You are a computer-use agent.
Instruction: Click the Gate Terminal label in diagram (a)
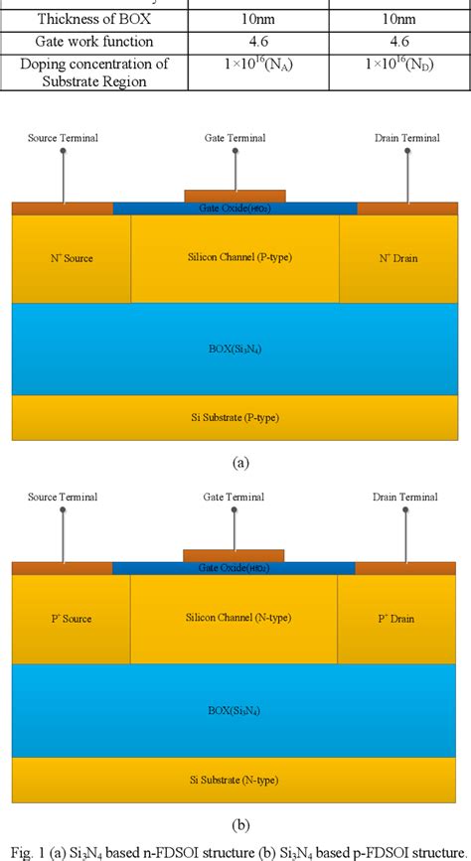click(x=235, y=137)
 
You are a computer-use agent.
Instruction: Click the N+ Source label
click(x=71, y=258)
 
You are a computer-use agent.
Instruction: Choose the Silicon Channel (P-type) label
click(x=235, y=257)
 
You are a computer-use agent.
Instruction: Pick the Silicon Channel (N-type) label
click(x=235, y=617)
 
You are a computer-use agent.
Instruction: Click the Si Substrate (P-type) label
click(x=235, y=417)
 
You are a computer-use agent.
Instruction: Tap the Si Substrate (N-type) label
click(x=235, y=777)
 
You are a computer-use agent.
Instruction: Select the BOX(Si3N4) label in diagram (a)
click(x=235, y=351)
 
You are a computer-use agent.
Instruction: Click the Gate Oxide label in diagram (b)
click(x=234, y=568)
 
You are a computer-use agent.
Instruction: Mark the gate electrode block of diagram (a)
click(x=235, y=196)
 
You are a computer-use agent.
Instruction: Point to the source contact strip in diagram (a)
click(x=62, y=209)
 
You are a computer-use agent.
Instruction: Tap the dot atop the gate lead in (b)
click(x=235, y=511)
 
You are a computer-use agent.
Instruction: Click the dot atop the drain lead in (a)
click(x=405, y=151)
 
